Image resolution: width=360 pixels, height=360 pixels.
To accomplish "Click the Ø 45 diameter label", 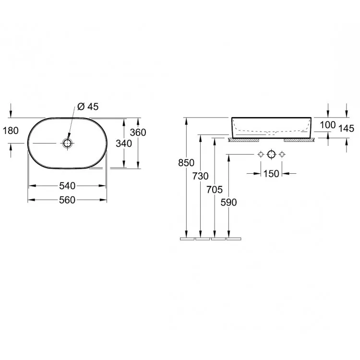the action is pos(88,107).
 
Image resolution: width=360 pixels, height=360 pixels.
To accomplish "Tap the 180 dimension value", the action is pos(11,131).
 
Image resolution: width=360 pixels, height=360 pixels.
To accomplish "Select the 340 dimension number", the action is pos(124,144).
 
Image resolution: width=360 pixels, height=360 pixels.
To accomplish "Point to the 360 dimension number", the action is pos(138,132).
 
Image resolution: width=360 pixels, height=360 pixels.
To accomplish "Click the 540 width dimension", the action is pos(67,186).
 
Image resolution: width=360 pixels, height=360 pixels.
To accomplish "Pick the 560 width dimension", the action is pos(67,200).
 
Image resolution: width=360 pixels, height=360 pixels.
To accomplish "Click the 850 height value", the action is pos(186,163).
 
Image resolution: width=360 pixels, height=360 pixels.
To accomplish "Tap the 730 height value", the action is pos(201,176).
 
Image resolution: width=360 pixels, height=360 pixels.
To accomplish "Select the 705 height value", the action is pos(215,190).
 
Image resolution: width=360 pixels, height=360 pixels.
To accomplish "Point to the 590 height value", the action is pos(228,203).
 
